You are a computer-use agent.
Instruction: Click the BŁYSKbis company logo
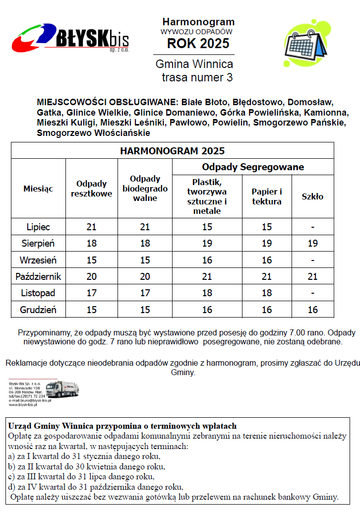[71, 38]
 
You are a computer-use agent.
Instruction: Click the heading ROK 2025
[198, 44]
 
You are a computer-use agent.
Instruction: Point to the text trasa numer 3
[197, 77]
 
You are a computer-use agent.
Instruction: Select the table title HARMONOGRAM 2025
[172, 151]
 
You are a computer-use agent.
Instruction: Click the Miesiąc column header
[38, 189]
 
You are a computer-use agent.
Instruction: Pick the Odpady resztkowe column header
[91, 189]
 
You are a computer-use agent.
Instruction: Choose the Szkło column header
[312, 196]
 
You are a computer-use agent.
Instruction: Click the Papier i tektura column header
[267, 196]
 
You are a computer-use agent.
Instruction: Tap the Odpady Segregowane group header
[253, 167]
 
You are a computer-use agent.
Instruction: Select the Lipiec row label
[38, 227]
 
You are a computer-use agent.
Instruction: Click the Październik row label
[38, 277]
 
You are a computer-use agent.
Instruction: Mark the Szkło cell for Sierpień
[312, 244]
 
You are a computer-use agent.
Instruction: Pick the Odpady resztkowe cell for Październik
[91, 277]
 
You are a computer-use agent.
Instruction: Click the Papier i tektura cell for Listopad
[267, 293]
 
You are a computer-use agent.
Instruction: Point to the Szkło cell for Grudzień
[312, 310]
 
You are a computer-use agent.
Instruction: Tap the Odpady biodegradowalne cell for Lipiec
[145, 227]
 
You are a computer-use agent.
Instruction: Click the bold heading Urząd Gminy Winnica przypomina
[122, 426]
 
